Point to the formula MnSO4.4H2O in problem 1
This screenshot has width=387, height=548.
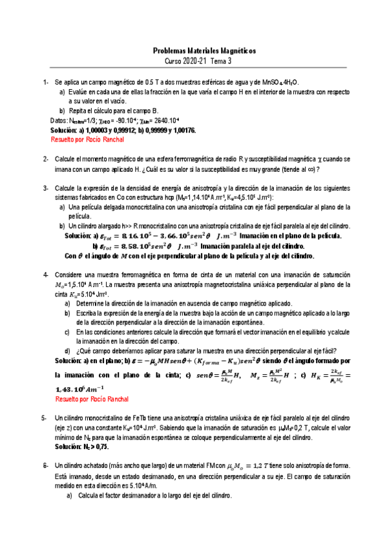pyautogui.click(x=282, y=83)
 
